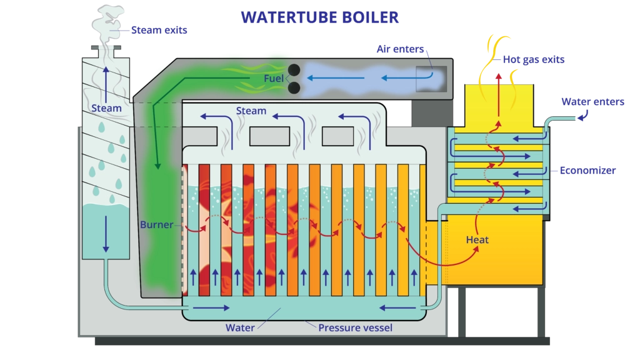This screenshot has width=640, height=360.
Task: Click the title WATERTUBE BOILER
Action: click(319, 17)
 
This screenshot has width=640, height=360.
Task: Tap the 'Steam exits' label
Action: click(159, 29)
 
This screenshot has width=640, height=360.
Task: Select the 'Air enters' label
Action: click(401, 49)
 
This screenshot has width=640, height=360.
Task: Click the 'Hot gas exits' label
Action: click(534, 59)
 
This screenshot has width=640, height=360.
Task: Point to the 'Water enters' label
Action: click(592, 102)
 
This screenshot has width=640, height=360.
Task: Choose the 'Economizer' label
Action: click(587, 171)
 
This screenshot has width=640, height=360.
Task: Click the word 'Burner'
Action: click(157, 224)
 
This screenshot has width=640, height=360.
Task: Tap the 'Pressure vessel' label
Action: click(355, 327)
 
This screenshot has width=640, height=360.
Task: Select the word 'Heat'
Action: click(477, 239)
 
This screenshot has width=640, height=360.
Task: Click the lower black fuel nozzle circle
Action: click(294, 87)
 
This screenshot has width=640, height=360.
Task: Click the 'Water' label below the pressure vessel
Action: click(240, 327)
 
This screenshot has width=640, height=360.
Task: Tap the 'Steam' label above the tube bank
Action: click(251, 111)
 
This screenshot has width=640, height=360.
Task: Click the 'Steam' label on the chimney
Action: click(106, 108)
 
